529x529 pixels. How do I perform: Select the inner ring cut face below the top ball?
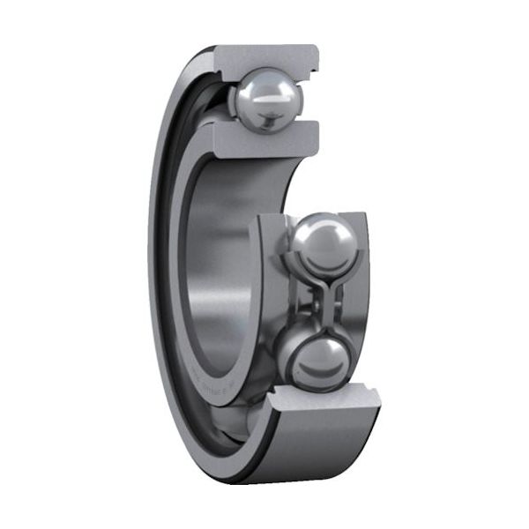(264, 136)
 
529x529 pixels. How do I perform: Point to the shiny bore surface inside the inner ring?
(220, 264)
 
